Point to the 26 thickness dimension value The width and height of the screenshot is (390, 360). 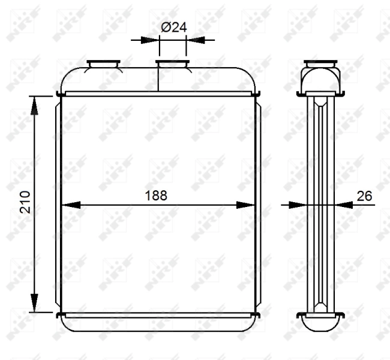pos(364,195)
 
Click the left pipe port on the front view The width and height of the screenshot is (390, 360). pos(104,63)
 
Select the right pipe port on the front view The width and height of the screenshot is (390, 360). pos(173,63)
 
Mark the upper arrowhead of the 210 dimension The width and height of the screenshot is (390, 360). pos(34,104)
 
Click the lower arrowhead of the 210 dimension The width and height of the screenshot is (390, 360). pos(34,303)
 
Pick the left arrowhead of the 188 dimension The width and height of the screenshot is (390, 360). pos(71,205)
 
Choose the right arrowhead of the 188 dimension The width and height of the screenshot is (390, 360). pos(246,205)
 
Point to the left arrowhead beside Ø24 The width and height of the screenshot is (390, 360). pos(151,40)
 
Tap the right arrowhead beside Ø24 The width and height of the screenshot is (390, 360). pos(194,40)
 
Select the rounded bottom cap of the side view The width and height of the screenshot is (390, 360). pos(320,323)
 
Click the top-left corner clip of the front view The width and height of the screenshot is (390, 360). pos(60,93)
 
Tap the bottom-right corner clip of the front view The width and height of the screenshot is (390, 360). pos(256,315)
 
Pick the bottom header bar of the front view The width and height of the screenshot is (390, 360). pos(158,315)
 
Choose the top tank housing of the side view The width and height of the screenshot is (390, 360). pos(321,78)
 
